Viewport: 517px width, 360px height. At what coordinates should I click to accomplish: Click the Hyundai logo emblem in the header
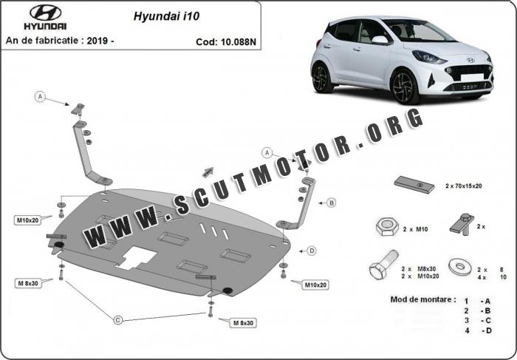(46, 13)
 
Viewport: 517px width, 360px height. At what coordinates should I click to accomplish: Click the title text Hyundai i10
(166, 16)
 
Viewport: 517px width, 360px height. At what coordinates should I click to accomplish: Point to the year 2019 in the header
(97, 41)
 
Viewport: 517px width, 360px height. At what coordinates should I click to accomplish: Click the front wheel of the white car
(405, 86)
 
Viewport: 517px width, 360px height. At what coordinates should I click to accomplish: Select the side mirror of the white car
(380, 40)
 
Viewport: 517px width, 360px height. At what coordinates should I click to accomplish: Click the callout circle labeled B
(332, 203)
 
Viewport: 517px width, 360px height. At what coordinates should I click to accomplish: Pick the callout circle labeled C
(118, 320)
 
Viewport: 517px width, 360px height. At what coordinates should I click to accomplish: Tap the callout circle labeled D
(312, 251)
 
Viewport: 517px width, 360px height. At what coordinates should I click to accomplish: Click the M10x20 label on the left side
(28, 220)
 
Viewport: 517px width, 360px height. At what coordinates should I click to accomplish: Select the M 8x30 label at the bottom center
(243, 323)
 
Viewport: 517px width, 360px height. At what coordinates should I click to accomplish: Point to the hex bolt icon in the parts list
(384, 265)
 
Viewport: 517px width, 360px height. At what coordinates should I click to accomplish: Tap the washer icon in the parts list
(462, 267)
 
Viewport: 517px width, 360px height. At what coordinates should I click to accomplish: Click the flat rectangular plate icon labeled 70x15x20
(415, 185)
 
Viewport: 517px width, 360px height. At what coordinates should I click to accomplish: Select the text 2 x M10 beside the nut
(415, 229)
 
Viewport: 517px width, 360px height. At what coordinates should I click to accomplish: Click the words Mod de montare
(423, 299)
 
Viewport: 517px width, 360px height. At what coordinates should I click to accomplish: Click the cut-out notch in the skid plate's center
(137, 257)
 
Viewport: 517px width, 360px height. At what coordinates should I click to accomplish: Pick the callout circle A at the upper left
(40, 96)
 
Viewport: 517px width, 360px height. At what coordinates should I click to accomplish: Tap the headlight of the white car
(429, 58)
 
